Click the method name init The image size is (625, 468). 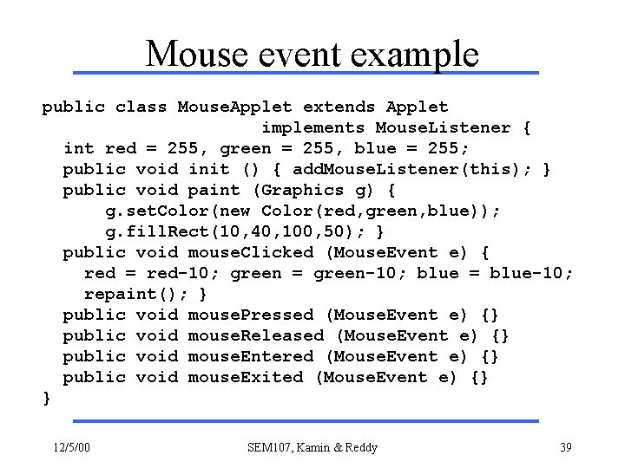pyautogui.click(x=209, y=170)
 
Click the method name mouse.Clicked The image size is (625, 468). pyautogui.click(x=251, y=253)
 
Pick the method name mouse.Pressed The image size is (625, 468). pyautogui.click(x=251, y=315)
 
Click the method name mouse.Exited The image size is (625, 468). pyautogui.click(x=246, y=377)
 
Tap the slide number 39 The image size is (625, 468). pyautogui.click(x=565, y=447)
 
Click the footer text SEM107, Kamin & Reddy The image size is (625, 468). pyautogui.click(x=312, y=447)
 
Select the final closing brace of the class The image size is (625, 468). pyautogui.click(x=47, y=398)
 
